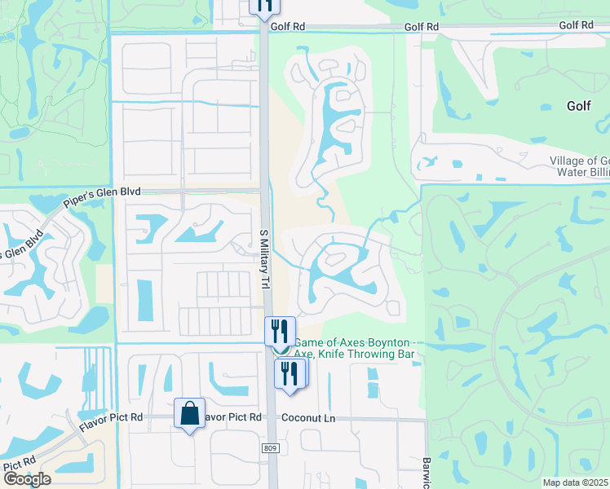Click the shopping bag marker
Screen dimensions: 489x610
pyautogui.click(x=189, y=413)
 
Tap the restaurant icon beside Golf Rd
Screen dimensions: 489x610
pyautogui.click(x=264, y=5)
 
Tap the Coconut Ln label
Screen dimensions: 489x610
pyautogui.click(x=308, y=417)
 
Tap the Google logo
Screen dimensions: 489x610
pyautogui.click(x=27, y=479)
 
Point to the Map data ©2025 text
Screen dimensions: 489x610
pyautogui.click(x=576, y=482)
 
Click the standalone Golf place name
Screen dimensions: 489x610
pyautogui.click(x=579, y=106)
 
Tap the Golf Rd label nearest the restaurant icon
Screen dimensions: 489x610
pyautogui.click(x=288, y=26)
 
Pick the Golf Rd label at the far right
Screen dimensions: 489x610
pyautogui.click(x=576, y=25)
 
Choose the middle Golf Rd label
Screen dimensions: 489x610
pyautogui.click(x=422, y=26)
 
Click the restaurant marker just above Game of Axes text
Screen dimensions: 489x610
pyautogui.click(x=280, y=331)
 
